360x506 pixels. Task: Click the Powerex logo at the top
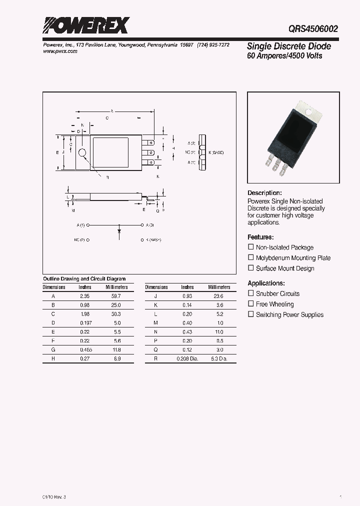point(86,25)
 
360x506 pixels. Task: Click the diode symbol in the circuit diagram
point(119,231)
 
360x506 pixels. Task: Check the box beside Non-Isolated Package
point(251,247)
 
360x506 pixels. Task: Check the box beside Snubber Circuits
point(251,293)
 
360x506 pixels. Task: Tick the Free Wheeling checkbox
point(251,304)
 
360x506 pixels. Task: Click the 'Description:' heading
point(264,193)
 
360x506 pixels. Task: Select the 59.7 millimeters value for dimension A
point(116,296)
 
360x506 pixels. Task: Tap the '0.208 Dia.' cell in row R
point(187,359)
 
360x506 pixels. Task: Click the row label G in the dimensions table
point(53,350)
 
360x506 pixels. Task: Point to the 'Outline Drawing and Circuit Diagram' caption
point(84,279)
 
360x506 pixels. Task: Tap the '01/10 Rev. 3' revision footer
point(51,496)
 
